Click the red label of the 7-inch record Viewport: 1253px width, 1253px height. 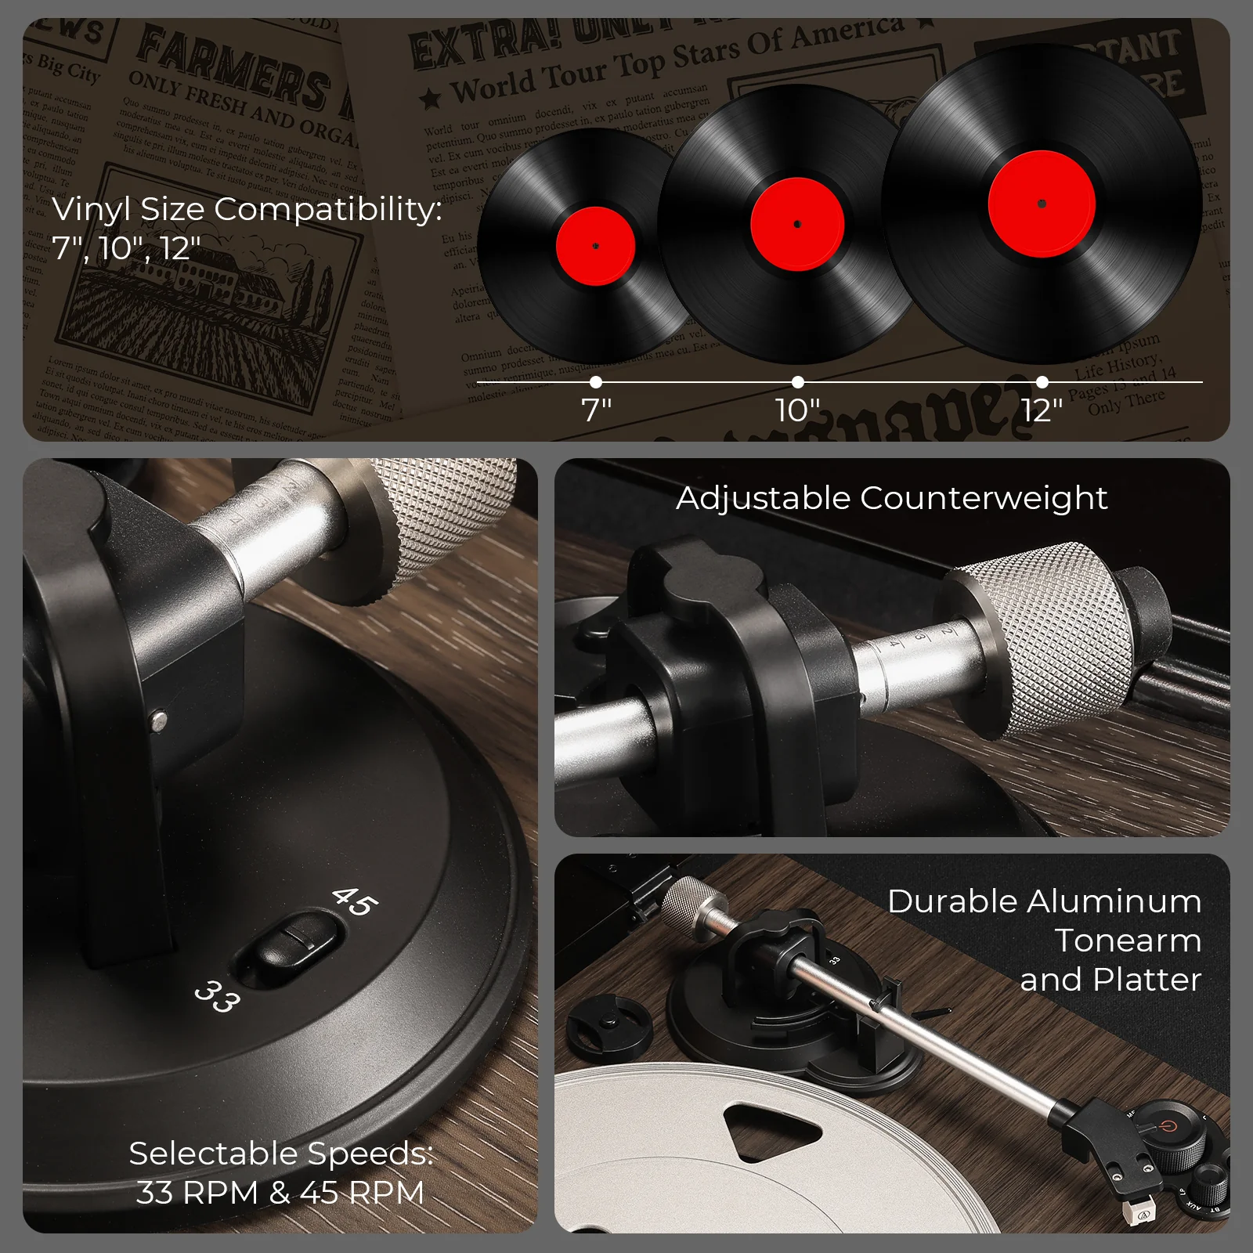(x=595, y=245)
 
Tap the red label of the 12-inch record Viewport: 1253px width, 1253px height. (x=1042, y=204)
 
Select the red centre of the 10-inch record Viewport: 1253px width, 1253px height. (x=796, y=224)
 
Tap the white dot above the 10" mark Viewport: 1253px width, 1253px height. (x=797, y=382)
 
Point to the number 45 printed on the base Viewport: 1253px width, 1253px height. (x=355, y=901)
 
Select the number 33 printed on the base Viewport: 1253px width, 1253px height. (x=217, y=996)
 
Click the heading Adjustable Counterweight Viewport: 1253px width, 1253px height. (x=891, y=498)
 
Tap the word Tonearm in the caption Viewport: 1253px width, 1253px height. (x=1128, y=941)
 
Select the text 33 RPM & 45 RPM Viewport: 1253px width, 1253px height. (x=280, y=1193)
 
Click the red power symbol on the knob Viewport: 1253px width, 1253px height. (x=1168, y=1126)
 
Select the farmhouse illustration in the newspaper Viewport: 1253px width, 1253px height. (x=211, y=290)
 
